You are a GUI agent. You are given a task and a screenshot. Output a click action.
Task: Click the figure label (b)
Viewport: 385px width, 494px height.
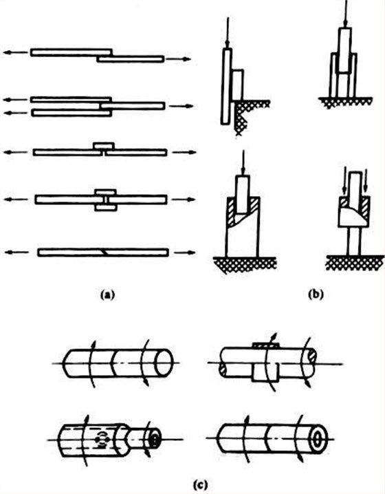click(x=316, y=294)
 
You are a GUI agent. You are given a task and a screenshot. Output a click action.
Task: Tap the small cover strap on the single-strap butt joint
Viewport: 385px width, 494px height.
click(x=104, y=146)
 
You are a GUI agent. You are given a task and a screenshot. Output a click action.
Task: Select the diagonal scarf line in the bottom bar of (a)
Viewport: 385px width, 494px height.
click(x=104, y=253)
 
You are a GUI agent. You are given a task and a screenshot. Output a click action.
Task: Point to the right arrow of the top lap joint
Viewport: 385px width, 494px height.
click(x=178, y=59)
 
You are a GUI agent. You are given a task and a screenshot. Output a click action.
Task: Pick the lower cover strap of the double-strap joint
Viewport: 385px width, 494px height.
click(x=106, y=208)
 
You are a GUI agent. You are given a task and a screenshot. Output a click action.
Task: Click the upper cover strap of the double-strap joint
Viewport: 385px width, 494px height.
click(x=106, y=192)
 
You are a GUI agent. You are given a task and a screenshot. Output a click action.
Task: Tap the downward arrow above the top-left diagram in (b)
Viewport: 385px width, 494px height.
click(x=228, y=32)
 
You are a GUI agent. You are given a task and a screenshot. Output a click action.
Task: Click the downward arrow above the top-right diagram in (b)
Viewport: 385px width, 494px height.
click(x=346, y=13)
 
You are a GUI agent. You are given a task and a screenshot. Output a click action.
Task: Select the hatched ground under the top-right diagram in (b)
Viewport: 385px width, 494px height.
click(x=346, y=102)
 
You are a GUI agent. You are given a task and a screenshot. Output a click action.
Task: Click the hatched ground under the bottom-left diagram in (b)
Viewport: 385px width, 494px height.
click(x=245, y=264)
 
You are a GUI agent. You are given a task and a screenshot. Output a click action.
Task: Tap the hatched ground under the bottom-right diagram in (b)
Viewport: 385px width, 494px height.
click(x=355, y=262)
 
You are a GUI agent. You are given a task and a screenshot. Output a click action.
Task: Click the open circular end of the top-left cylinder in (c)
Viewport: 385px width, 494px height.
click(x=164, y=363)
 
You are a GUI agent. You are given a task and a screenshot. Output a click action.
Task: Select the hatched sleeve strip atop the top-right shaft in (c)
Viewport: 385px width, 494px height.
click(x=265, y=345)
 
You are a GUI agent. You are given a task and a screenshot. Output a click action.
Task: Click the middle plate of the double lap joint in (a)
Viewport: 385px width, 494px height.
click(x=132, y=106)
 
